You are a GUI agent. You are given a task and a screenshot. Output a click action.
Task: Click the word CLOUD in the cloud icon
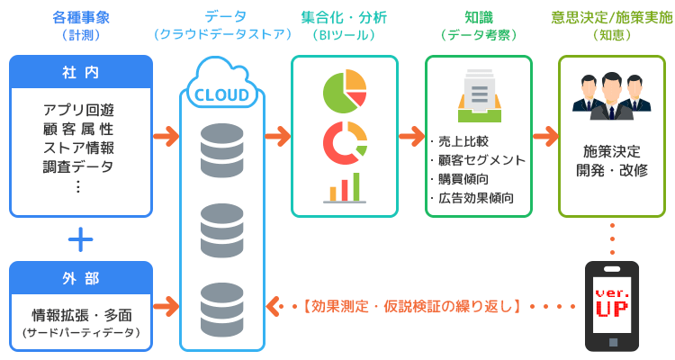tap(222, 94)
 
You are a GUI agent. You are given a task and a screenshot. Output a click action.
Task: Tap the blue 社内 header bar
tap(81, 71)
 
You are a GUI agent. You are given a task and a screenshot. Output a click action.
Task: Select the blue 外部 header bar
tap(81, 277)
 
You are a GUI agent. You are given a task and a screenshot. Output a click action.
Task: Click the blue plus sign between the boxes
tap(81, 238)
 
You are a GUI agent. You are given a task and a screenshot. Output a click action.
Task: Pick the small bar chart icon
tap(344, 186)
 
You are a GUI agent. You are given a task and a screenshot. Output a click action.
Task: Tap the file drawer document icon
tap(478, 95)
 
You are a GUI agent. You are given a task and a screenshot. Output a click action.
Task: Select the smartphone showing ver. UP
tap(612, 306)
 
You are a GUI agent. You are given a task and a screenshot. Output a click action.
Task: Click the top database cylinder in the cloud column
tap(222, 145)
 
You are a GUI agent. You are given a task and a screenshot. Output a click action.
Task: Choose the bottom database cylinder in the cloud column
tap(222, 303)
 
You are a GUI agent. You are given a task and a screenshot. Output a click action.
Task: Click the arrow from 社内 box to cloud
tap(166, 137)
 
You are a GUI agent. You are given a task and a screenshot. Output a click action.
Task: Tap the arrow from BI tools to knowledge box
tap(411, 137)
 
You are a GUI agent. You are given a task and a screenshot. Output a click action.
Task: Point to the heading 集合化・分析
tap(344, 17)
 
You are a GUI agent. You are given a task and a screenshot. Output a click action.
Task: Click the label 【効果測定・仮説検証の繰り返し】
tap(412, 305)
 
